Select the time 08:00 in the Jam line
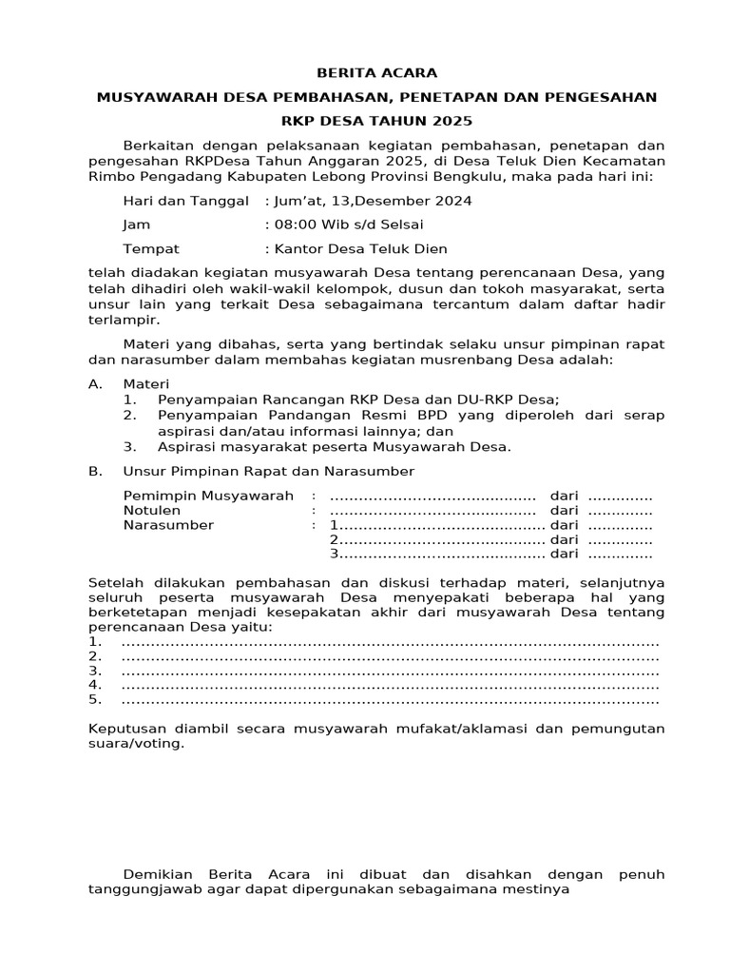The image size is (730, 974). (292, 225)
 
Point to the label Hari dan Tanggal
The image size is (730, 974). (185, 202)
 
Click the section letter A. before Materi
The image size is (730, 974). (94, 383)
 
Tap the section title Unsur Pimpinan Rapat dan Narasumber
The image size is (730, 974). (269, 471)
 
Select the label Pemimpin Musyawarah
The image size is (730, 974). (209, 497)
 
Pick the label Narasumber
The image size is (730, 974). (168, 525)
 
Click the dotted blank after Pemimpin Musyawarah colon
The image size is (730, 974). (432, 497)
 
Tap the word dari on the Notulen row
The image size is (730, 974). (565, 511)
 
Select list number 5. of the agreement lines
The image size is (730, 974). (94, 700)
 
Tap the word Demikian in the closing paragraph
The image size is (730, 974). (158, 874)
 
